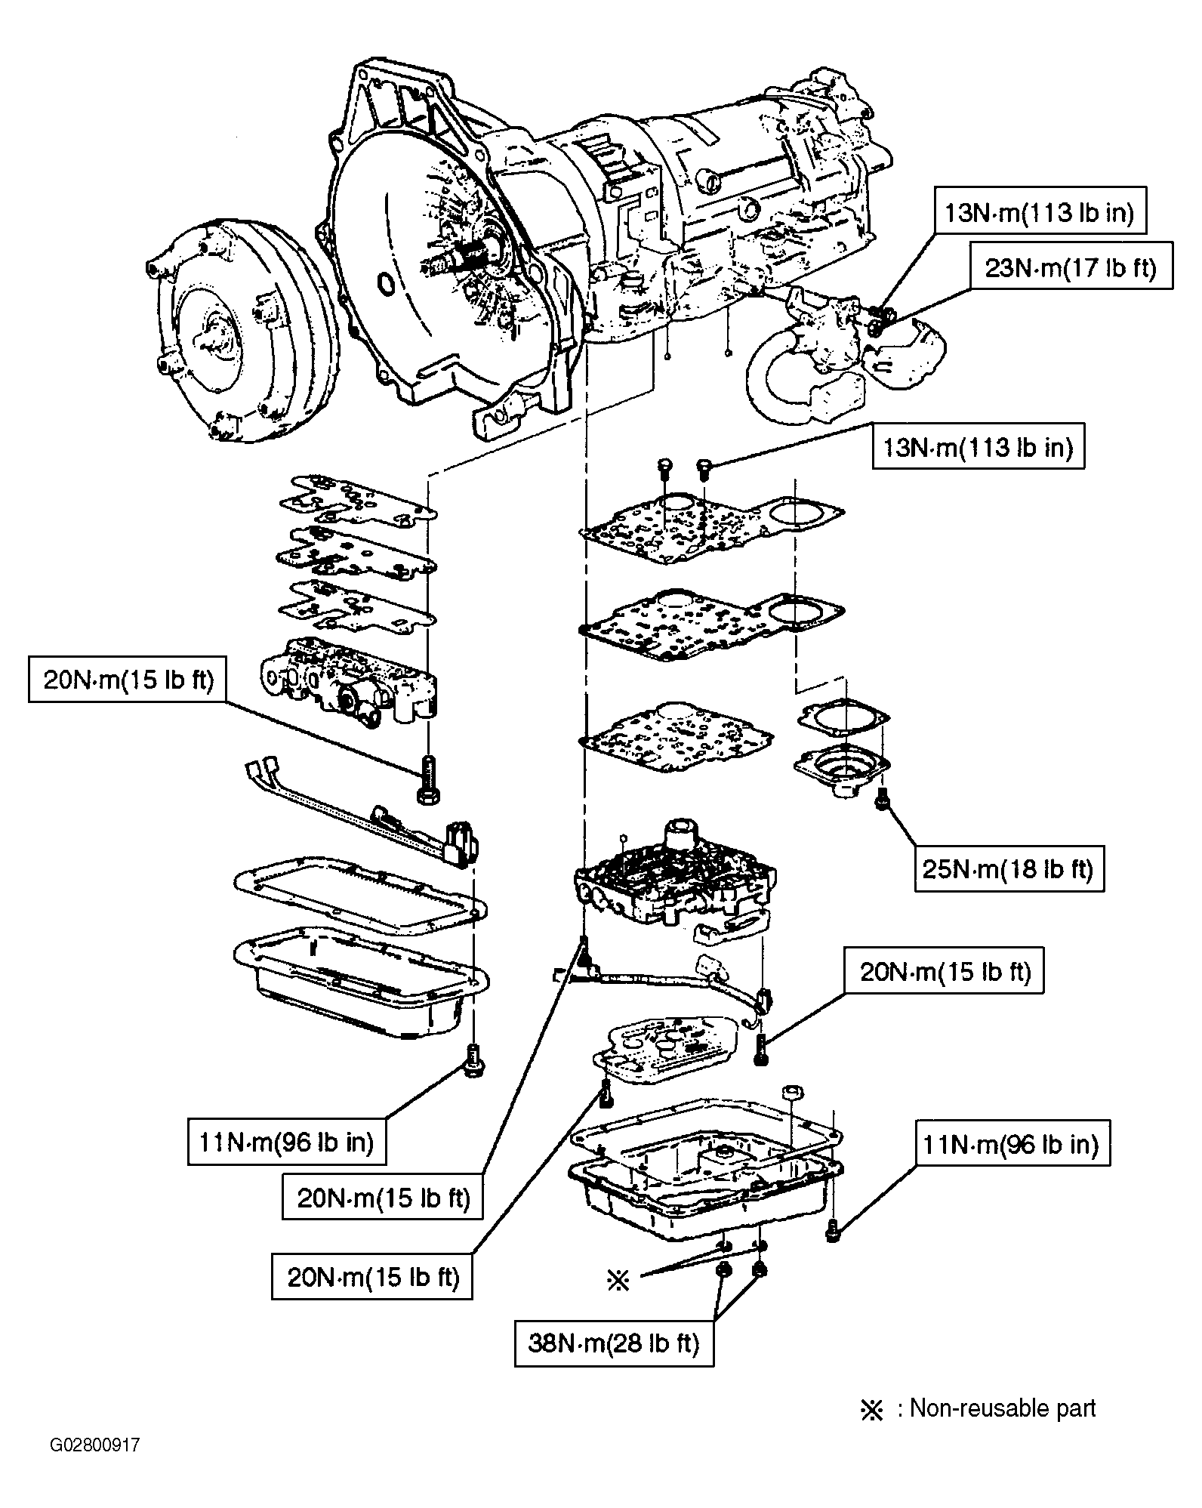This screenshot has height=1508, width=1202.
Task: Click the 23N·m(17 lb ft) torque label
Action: coord(1071,265)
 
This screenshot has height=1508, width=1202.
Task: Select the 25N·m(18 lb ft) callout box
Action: coord(1009,868)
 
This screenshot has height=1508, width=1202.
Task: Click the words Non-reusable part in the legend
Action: coord(1003,1408)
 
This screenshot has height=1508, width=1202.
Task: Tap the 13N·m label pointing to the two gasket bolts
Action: coord(979,446)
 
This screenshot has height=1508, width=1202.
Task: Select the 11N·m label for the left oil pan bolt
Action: coord(287,1141)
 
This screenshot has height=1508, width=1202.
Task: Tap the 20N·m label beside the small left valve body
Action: coord(128,680)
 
